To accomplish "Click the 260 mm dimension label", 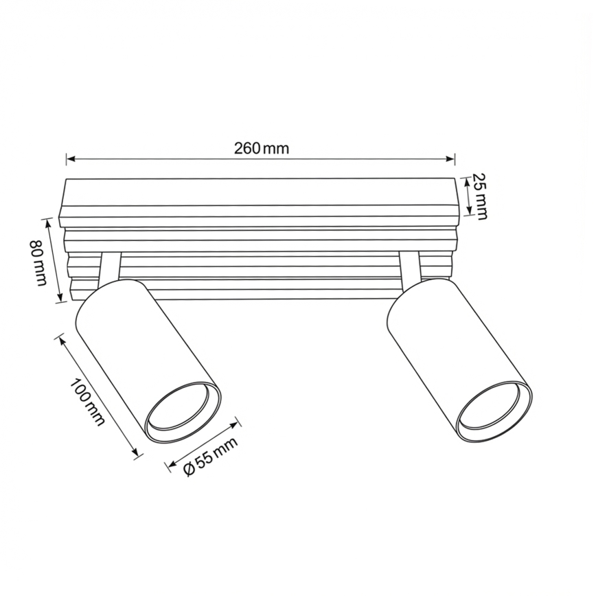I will (x=261, y=148).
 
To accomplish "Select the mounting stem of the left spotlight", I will (x=110, y=267).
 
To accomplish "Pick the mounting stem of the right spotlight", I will (x=409, y=266).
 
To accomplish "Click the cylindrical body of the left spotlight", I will (x=137, y=343).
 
